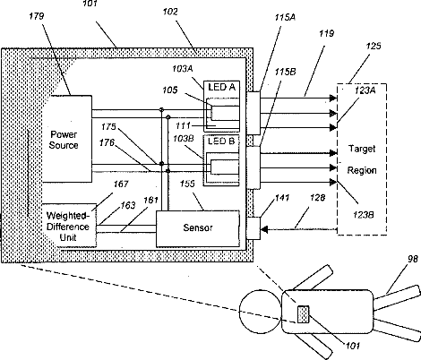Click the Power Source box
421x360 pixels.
click(66, 139)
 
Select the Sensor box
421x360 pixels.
click(198, 229)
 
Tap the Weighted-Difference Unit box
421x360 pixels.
click(69, 226)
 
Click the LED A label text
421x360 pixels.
click(221, 87)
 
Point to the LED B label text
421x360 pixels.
click(221, 141)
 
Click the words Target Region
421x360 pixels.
click(362, 159)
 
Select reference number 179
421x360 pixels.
click(37, 16)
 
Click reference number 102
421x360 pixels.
click(170, 12)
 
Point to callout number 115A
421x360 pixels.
click(285, 17)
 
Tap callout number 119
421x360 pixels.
click(326, 33)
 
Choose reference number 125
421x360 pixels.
click(374, 46)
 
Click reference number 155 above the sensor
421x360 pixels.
click(187, 184)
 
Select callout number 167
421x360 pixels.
click(121, 184)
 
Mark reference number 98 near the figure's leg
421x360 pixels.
click(413, 259)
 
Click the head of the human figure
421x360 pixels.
click(261, 312)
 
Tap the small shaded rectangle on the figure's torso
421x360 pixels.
click(303, 314)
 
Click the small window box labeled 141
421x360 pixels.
click(253, 228)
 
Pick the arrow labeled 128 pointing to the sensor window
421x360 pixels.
click(299, 229)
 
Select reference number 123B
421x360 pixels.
click(364, 215)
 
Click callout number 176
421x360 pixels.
click(107, 142)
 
